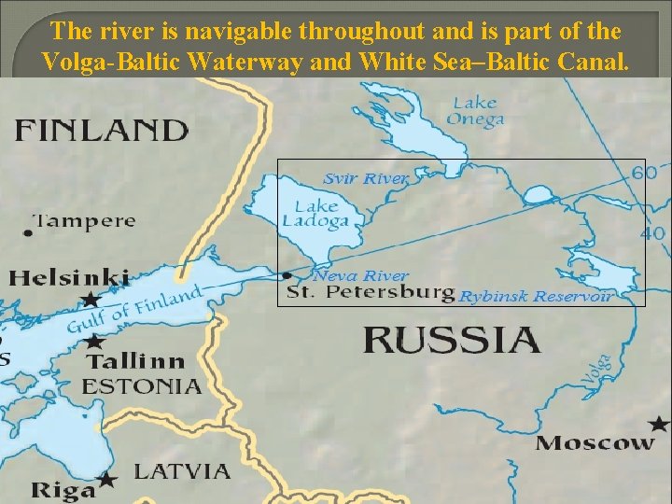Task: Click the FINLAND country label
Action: click(x=101, y=129)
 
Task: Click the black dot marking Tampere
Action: click(x=29, y=232)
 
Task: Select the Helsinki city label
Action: click(x=70, y=277)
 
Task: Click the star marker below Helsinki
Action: click(x=91, y=300)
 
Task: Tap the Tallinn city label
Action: click(x=135, y=360)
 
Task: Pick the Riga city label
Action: click(x=63, y=489)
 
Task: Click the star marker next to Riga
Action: click(x=108, y=480)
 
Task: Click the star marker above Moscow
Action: click(x=664, y=423)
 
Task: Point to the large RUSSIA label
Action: click(x=451, y=339)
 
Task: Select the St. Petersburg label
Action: click(x=371, y=294)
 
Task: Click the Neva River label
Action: click(x=360, y=275)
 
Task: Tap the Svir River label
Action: click(x=366, y=178)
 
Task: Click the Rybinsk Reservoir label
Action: click(x=536, y=297)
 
